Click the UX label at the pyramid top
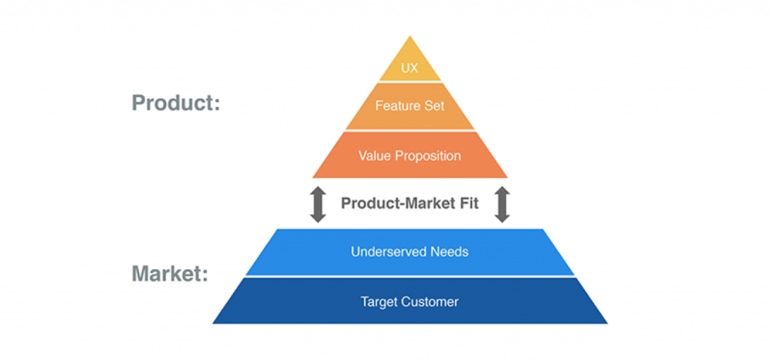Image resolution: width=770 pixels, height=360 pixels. click(410, 68)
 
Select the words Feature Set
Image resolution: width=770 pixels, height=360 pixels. click(410, 105)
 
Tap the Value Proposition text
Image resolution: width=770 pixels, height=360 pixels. click(410, 156)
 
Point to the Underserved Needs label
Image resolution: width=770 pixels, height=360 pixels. click(410, 252)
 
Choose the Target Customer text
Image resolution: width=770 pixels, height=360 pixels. click(410, 301)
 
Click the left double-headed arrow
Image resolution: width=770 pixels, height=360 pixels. click(318, 204)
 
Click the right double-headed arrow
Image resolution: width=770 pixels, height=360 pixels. click(502, 204)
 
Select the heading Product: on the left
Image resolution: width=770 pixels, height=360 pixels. click(176, 103)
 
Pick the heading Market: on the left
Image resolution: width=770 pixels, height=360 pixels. click(170, 274)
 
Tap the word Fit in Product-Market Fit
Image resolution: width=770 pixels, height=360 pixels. click(468, 204)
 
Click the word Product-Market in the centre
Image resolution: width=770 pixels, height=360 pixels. click(397, 204)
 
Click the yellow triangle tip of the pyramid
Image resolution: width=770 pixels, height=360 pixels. click(410, 36)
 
